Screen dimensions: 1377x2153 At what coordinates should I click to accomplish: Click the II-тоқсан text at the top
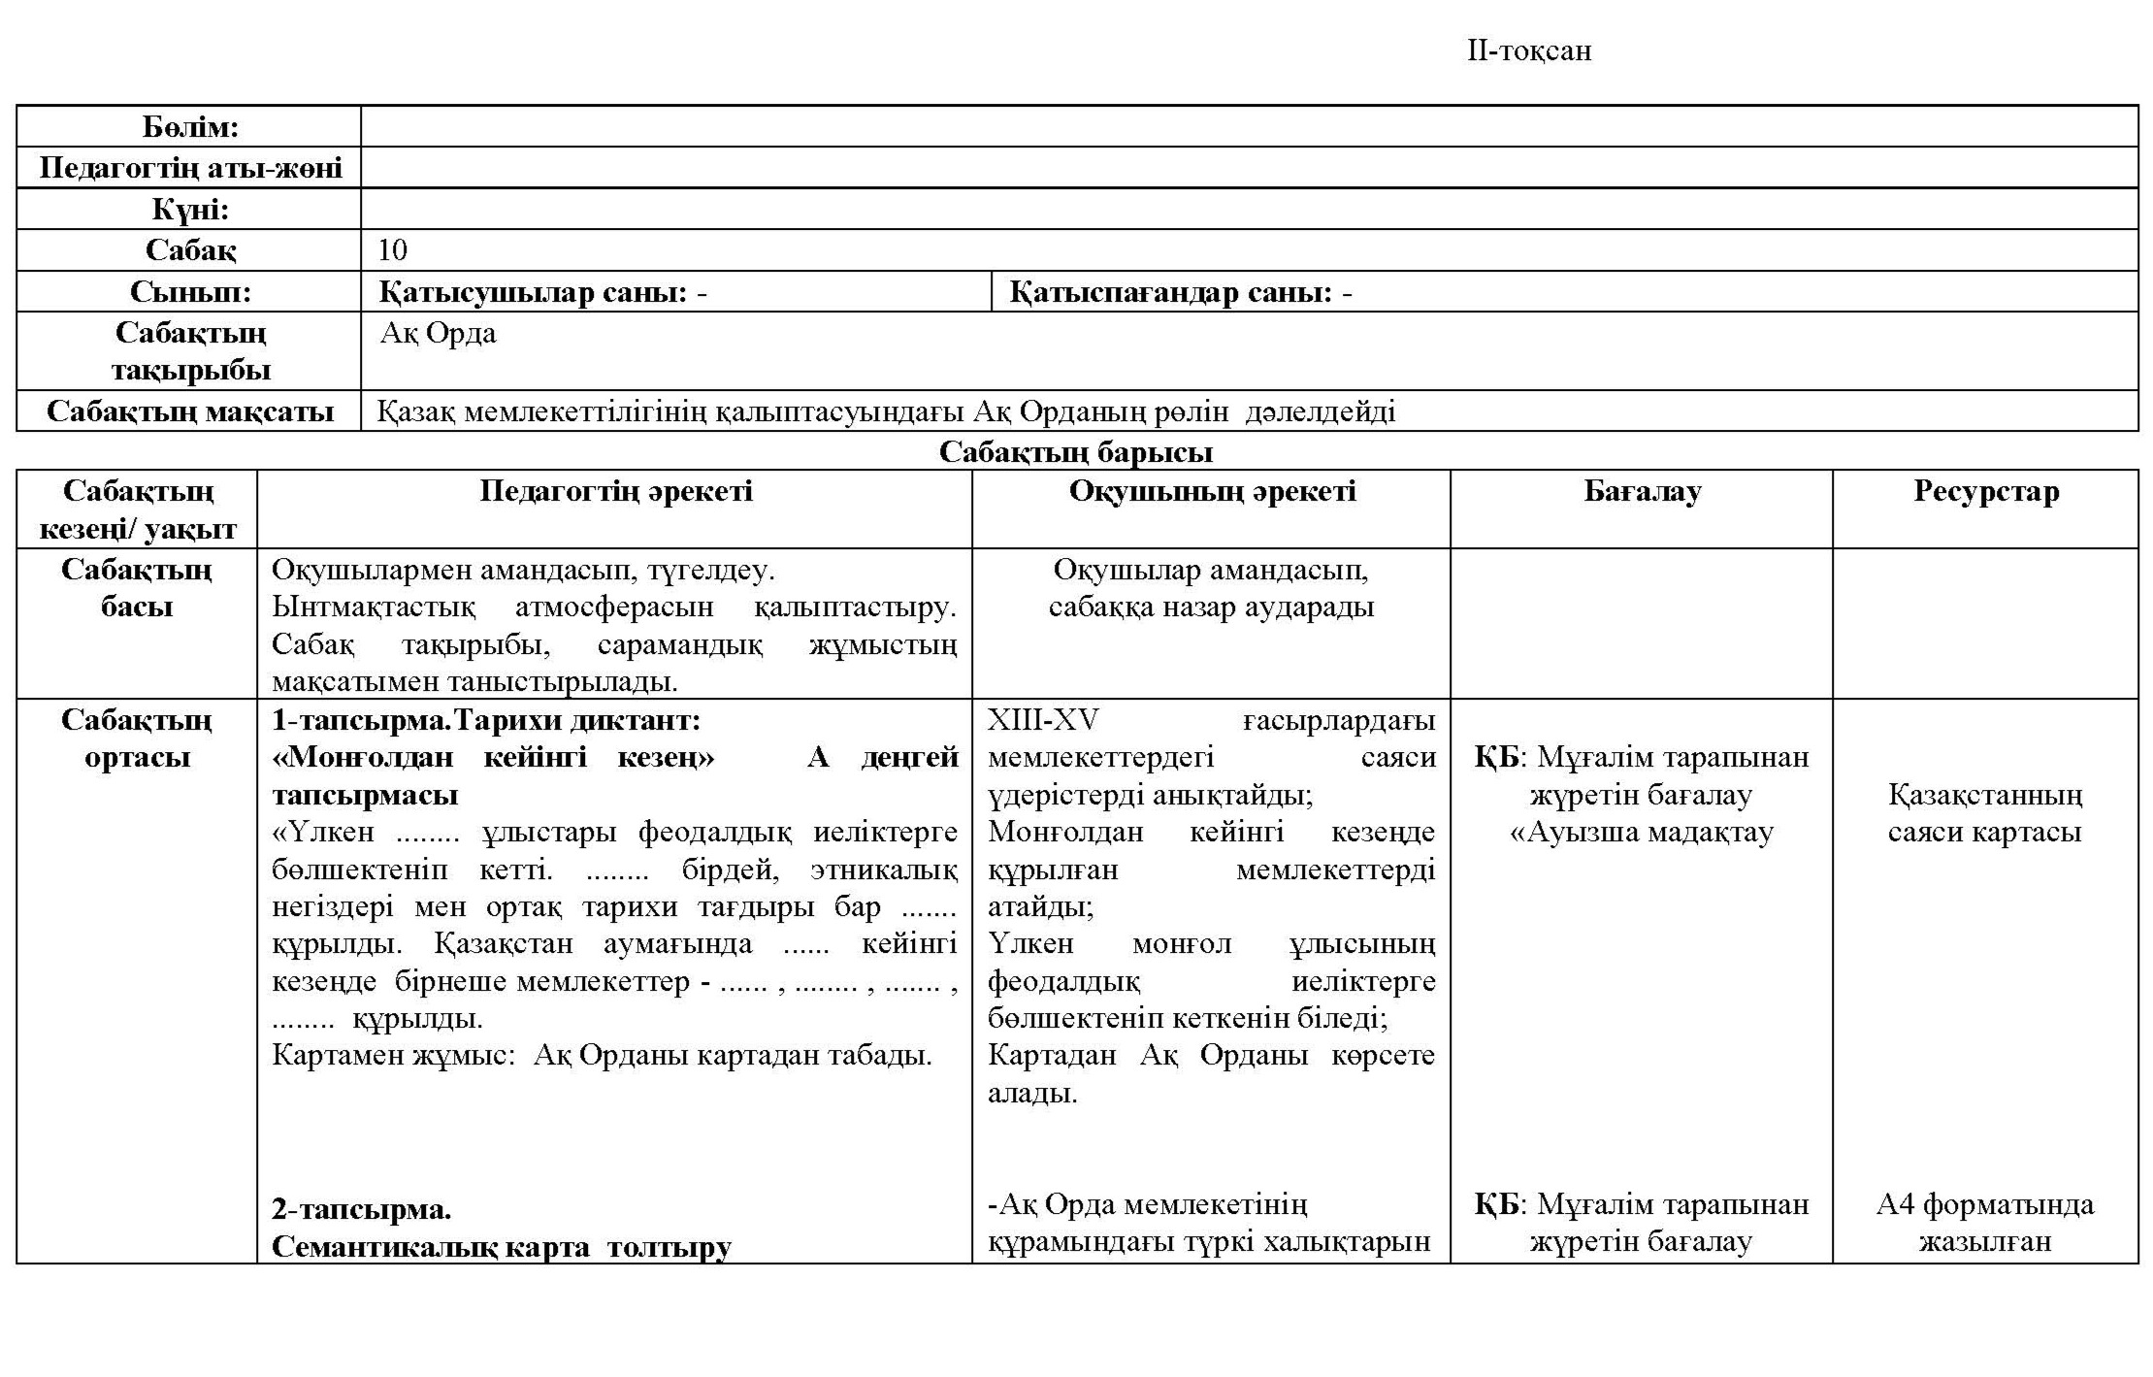tap(1528, 50)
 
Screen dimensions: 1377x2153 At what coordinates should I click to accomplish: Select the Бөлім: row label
tap(190, 127)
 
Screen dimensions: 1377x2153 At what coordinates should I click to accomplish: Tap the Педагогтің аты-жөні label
tap(190, 168)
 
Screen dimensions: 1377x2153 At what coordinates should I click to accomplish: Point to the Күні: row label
tap(190, 210)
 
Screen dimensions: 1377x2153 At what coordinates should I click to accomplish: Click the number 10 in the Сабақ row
tap(392, 250)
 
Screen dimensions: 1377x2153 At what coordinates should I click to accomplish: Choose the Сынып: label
tap(190, 292)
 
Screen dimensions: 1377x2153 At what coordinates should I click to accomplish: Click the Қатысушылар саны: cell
tap(542, 292)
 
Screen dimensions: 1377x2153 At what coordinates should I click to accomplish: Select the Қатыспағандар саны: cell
tap(1180, 292)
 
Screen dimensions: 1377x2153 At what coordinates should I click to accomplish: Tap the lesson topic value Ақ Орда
tap(438, 333)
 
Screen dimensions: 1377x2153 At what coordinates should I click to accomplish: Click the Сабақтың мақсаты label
tap(190, 411)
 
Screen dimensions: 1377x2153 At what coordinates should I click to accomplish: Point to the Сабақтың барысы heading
tap(1076, 451)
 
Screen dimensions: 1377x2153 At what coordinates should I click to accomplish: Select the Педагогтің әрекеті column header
tap(615, 491)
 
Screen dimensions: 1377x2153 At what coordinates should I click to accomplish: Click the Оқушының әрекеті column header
tap(1212, 491)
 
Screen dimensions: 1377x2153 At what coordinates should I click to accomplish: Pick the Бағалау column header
tap(1642, 491)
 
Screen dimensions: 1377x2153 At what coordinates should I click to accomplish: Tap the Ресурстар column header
tap(1985, 491)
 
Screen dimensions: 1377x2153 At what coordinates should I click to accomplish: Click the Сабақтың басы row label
tap(137, 588)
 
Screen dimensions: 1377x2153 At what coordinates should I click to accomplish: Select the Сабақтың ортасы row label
tap(137, 738)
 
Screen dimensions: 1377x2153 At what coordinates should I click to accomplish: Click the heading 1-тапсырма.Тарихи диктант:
tap(485, 721)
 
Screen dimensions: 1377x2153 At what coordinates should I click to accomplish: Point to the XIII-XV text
tap(1043, 720)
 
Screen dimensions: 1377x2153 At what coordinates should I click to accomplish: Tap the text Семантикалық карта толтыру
tap(501, 1247)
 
